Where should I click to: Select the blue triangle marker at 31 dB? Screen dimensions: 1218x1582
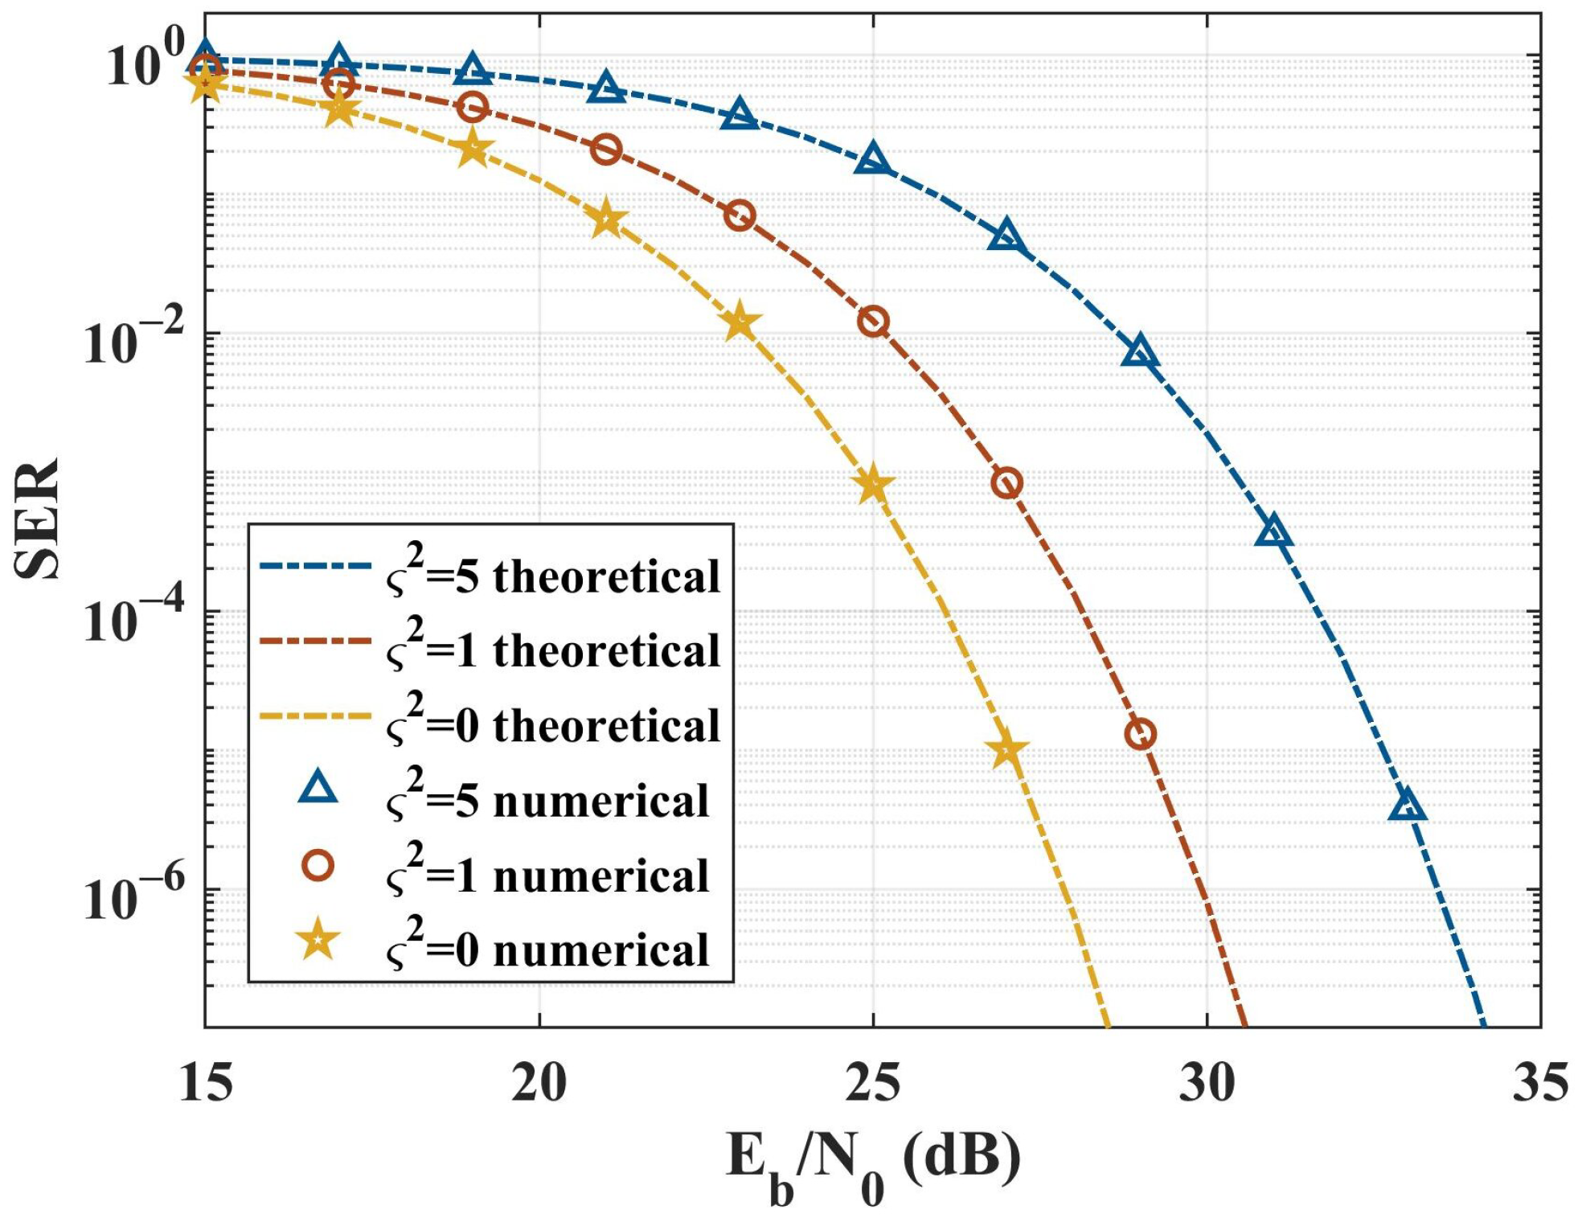point(1273,533)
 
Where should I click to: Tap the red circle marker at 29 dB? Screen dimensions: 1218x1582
point(1140,734)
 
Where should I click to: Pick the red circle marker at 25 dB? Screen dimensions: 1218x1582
point(873,322)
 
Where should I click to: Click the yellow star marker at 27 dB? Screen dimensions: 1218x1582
point(1006,750)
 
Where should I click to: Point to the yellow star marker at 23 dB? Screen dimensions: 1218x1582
point(740,323)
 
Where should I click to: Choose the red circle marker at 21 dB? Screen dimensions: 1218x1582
point(606,150)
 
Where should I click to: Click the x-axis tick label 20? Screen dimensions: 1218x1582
point(539,1083)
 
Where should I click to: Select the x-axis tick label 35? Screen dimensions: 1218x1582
point(1539,1083)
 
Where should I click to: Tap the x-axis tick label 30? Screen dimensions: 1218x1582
point(1207,1083)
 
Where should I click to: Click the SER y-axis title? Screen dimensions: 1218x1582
point(38,519)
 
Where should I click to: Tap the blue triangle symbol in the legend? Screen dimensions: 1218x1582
point(318,789)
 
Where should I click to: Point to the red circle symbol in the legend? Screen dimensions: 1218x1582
point(318,865)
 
